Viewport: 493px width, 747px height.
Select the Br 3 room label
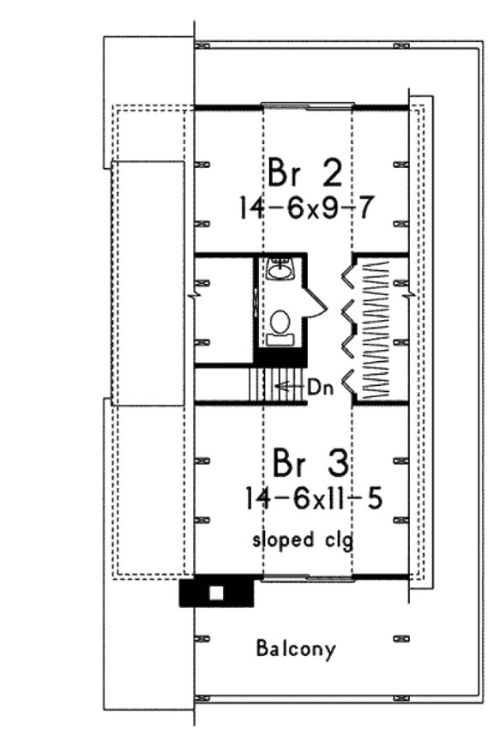pyautogui.click(x=310, y=464)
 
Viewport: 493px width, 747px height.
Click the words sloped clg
pyautogui.click(x=302, y=541)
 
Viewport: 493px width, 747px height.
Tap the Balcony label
pyautogui.click(x=297, y=648)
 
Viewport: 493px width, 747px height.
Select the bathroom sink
pyautogui.click(x=280, y=272)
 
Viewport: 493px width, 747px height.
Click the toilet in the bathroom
pyautogui.click(x=280, y=325)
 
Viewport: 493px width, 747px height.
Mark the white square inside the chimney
pyautogui.click(x=217, y=593)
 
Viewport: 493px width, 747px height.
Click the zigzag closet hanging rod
pyautogui.click(x=374, y=331)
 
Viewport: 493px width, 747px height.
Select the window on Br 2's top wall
pyautogui.click(x=306, y=107)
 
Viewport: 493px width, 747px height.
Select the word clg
pyautogui.click(x=334, y=541)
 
